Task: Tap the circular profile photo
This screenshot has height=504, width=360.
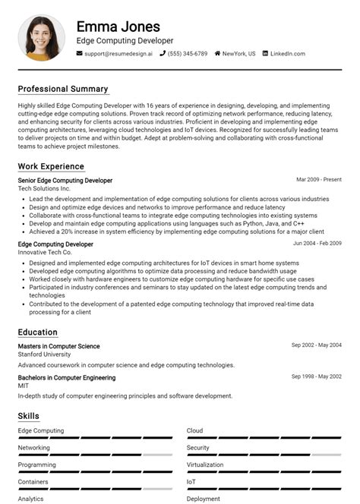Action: click(x=42, y=37)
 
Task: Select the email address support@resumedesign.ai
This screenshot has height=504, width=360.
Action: click(x=118, y=54)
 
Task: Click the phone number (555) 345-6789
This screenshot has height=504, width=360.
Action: click(x=188, y=54)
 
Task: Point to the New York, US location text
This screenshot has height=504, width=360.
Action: click(x=238, y=54)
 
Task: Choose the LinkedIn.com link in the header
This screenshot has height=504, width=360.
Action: click(x=287, y=54)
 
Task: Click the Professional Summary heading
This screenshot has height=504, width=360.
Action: click(x=63, y=89)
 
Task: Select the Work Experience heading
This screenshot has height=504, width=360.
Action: click(x=51, y=166)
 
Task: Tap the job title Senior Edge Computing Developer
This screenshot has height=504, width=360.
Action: click(x=65, y=181)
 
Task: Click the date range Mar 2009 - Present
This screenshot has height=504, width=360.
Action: click(x=319, y=181)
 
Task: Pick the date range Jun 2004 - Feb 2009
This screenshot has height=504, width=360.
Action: click(x=317, y=244)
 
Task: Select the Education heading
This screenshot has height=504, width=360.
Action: click(x=38, y=332)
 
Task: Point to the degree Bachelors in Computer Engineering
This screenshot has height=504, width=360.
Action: click(x=67, y=378)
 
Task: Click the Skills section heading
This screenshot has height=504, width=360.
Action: click(x=29, y=416)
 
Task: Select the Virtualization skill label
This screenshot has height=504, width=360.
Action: click(x=205, y=465)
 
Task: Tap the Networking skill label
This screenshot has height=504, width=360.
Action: click(x=34, y=448)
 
